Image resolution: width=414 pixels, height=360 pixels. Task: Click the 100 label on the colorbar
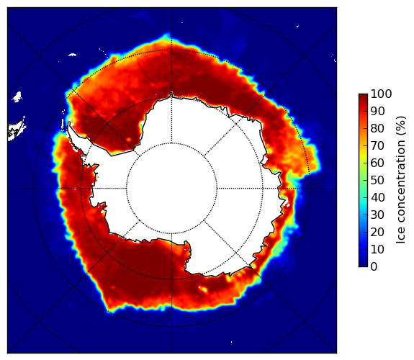pos(381,94)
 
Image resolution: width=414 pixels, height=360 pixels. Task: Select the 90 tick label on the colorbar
pos(377,111)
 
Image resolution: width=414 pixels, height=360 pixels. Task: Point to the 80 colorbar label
pos(377,128)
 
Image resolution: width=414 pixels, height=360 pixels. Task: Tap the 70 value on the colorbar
pos(377,145)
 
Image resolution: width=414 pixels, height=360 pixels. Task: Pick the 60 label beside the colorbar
pos(377,163)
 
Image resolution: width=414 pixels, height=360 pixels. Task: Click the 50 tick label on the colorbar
pos(377,181)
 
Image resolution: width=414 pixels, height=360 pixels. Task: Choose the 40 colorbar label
pos(377,197)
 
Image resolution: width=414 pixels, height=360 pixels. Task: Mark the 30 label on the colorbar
pos(377,215)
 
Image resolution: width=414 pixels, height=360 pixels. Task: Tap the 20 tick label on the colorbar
pos(377,232)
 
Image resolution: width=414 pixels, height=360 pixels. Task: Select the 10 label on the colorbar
pos(377,249)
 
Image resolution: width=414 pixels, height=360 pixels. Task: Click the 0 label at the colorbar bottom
pos(374,267)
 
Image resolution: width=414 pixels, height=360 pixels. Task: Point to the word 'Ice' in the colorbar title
pos(401,236)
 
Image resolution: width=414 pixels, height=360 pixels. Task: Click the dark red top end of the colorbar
pos(363,96)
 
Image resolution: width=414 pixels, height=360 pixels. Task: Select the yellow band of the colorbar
pos(363,156)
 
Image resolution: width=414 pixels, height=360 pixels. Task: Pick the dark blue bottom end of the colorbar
pos(363,264)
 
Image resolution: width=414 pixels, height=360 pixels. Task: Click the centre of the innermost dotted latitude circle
pos(171,189)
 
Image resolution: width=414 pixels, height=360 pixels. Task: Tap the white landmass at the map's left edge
pos(17,130)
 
